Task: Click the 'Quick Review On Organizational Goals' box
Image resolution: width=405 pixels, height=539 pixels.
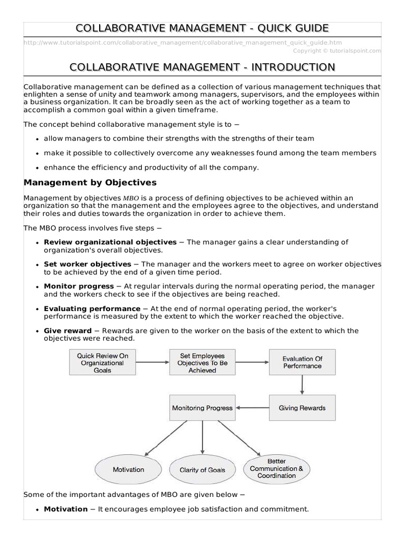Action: coord(102,363)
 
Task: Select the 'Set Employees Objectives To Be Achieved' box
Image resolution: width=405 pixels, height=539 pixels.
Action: coord(202,363)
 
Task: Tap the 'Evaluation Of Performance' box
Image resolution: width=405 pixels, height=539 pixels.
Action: coord(302,363)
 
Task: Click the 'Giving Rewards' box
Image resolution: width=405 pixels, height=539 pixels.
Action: coord(302,407)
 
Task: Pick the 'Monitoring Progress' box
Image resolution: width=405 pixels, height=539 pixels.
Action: coord(202,407)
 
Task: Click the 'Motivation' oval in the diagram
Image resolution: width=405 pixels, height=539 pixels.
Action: coord(128,470)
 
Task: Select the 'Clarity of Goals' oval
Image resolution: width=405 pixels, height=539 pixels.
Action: coord(202,470)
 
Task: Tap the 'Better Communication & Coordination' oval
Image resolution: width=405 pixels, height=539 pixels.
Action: coord(277,468)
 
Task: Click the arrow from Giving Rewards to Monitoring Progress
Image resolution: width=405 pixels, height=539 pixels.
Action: coord(252,407)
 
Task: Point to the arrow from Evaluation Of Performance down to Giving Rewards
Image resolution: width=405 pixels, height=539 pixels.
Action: coord(302,385)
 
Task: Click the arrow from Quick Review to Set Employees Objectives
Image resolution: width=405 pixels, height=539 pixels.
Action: coord(152,362)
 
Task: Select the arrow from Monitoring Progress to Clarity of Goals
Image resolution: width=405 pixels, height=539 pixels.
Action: coord(202,437)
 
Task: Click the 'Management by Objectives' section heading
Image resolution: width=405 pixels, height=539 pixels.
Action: coord(90,183)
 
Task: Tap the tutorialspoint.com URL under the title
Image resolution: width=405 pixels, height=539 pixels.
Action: coord(182,43)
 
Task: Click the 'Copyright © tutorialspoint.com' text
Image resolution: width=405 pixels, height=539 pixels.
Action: coord(336,51)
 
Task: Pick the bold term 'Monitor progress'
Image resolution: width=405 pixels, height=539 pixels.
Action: coord(79,286)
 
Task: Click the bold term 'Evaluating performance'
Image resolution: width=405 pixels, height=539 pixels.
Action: coord(92,308)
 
